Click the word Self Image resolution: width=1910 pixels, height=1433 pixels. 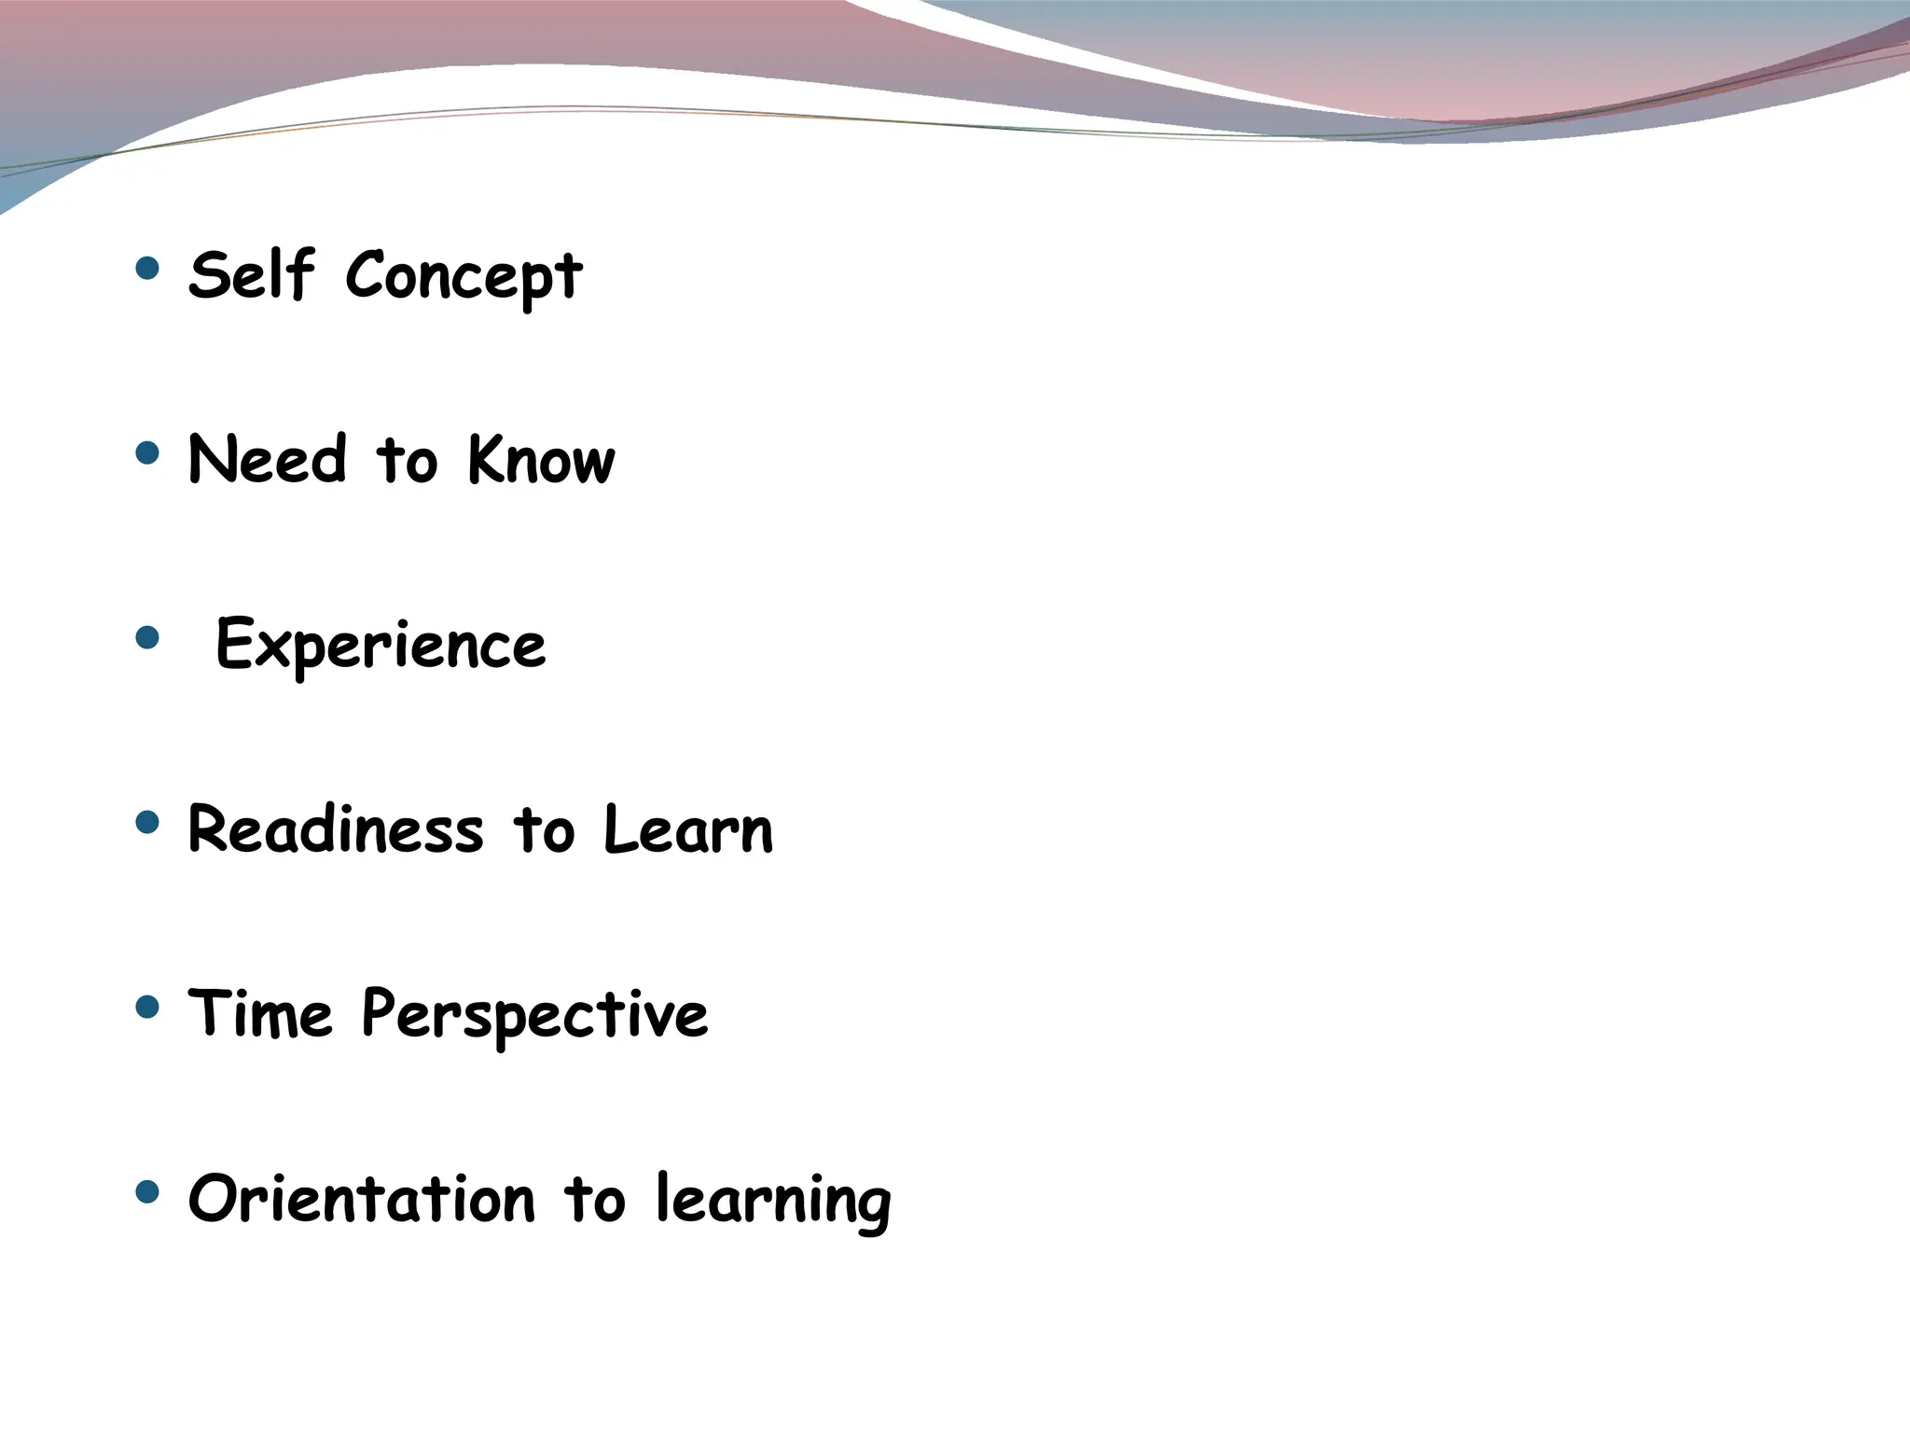click(x=251, y=275)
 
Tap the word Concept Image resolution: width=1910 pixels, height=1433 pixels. click(x=464, y=277)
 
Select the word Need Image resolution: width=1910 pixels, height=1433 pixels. click(x=268, y=459)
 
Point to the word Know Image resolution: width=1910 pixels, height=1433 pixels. click(x=541, y=459)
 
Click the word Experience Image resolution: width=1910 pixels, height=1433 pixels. click(x=381, y=645)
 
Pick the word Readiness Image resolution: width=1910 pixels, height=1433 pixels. click(x=336, y=828)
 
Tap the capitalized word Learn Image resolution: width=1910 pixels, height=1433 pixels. click(x=688, y=828)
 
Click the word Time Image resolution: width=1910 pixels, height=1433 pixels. click(x=260, y=1013)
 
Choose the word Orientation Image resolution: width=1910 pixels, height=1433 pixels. click(x=362, y=1198)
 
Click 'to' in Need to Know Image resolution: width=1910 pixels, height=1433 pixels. click(x=407, y=461)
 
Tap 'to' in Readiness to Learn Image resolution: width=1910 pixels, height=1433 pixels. click(x=544, y=829)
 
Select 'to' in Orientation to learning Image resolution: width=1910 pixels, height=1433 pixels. click(x=594, y=1199)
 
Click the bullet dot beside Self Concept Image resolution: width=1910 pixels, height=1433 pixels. click(x=147, y=269)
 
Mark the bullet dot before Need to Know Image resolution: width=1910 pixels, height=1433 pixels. click(x=147, y=453)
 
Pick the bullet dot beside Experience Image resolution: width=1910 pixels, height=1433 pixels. click(x=147, y=638)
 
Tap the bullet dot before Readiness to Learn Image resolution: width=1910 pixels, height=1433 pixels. click(x=147, y=822)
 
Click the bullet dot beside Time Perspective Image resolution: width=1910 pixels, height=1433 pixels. click(x=147, y=1007)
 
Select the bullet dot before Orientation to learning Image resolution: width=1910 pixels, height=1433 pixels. click(x=147, y=1191)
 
